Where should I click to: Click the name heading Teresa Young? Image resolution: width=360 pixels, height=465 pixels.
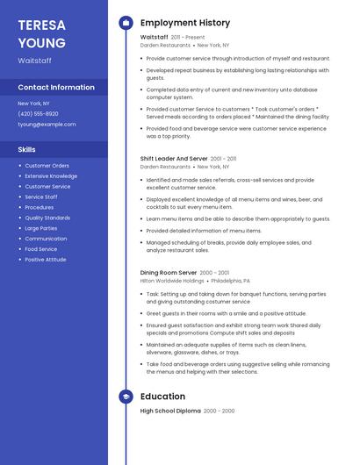[x=41, y=33]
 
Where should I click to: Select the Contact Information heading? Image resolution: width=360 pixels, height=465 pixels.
[x=56, y=87]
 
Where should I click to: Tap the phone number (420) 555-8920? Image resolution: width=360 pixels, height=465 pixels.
[x=38, y=114]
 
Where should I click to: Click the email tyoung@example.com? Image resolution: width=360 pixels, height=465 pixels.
[x=47, y=125]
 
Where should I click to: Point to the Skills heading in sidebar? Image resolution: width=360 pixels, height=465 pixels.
[x=26, y=149]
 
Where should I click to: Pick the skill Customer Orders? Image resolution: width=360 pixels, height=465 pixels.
[x=47, y=166]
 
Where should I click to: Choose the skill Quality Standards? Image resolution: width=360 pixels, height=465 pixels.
[x=47, y=218]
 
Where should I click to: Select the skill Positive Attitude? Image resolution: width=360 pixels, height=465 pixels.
[x=46, y=260]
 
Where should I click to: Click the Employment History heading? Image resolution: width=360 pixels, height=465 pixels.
[x=185, y=23]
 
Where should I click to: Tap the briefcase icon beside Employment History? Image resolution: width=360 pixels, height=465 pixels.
[x=126, y=23]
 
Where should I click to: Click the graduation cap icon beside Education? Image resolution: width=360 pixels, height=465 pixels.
[x=126, y=397]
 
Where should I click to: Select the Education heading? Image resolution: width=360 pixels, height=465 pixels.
[x=162, y=397]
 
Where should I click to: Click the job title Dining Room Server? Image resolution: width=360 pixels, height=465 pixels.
[x=169, y=273]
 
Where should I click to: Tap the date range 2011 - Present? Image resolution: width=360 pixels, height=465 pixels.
[x=188, y=38]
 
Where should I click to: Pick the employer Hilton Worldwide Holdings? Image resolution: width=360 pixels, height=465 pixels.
[x=172, y=282]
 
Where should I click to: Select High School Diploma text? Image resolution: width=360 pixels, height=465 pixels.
[x=169, y=411]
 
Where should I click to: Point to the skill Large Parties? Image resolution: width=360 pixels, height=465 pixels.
[x=41, y=228]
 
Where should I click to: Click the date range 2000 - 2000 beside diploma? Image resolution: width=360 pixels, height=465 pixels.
[x=219, y=411]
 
